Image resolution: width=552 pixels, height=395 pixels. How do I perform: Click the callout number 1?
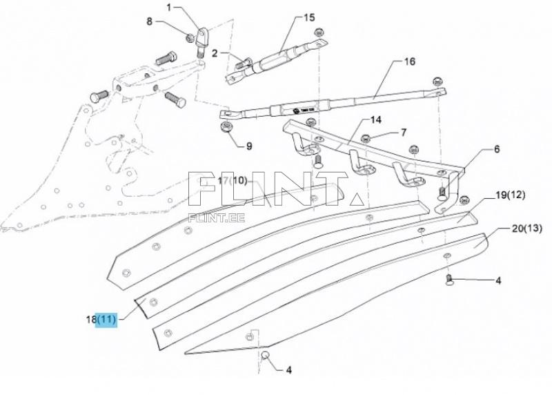(168, 8)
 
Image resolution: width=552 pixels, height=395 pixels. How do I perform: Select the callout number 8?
(149, 21)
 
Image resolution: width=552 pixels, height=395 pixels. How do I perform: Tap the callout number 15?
(308, 17)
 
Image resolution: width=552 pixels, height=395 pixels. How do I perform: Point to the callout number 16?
(409, 61)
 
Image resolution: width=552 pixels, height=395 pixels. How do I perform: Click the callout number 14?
(375, 119)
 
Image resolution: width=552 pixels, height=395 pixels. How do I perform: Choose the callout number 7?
(404, 131)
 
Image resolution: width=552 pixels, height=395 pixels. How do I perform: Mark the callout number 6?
(496, 148)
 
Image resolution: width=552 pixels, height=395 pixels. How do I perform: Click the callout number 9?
(249, 146)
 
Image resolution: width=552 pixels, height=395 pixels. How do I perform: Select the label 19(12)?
(511, 195)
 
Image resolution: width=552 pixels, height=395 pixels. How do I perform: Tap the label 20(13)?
(526, 228)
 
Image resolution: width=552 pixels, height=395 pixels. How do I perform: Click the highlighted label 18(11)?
(102, 319)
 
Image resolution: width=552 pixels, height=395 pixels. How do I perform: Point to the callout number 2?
(215, 53)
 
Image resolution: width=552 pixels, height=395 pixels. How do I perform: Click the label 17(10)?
(232, 181)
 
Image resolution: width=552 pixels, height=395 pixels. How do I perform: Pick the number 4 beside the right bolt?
(497, 280)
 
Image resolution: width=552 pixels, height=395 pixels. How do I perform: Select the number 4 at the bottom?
(288, 369)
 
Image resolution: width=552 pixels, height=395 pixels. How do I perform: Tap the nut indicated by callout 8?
(190, 36)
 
